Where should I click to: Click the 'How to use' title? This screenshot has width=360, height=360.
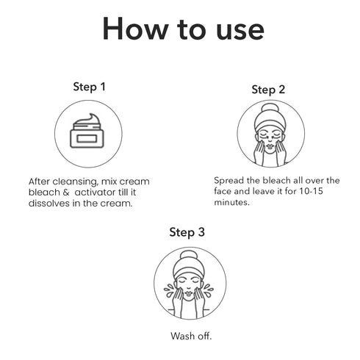[x=183, y=29]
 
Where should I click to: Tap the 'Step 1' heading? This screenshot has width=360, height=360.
[x=90, y=87]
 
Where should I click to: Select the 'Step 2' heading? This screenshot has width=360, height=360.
[x=268, y=90]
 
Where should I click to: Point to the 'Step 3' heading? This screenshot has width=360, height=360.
[x=187, y=232]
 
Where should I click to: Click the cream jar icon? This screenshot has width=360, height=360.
[x=87, y=131]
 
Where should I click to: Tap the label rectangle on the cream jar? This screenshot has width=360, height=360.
[x=87, y=139]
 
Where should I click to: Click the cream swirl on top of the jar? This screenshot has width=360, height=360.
[x=87, y=120]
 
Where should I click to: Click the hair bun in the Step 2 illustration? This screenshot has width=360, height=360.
[x=270, y=109]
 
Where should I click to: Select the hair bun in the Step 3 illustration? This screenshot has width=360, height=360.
[x=189, y=256]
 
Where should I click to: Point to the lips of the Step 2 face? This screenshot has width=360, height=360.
[x=270, y=145]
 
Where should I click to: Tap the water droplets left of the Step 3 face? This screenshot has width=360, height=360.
[x=169, y=290]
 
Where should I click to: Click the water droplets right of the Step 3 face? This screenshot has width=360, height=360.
[x=209, y=290]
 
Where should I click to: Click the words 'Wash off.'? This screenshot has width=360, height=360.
[x=191, y=336]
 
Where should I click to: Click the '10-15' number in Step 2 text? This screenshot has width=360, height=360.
[x=311, y=191]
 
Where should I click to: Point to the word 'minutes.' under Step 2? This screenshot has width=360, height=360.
[x=231, y=202]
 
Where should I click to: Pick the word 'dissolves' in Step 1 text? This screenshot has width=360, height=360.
[x=49, y=204]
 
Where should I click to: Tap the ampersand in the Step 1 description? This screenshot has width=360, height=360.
[x=66, y=192]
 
